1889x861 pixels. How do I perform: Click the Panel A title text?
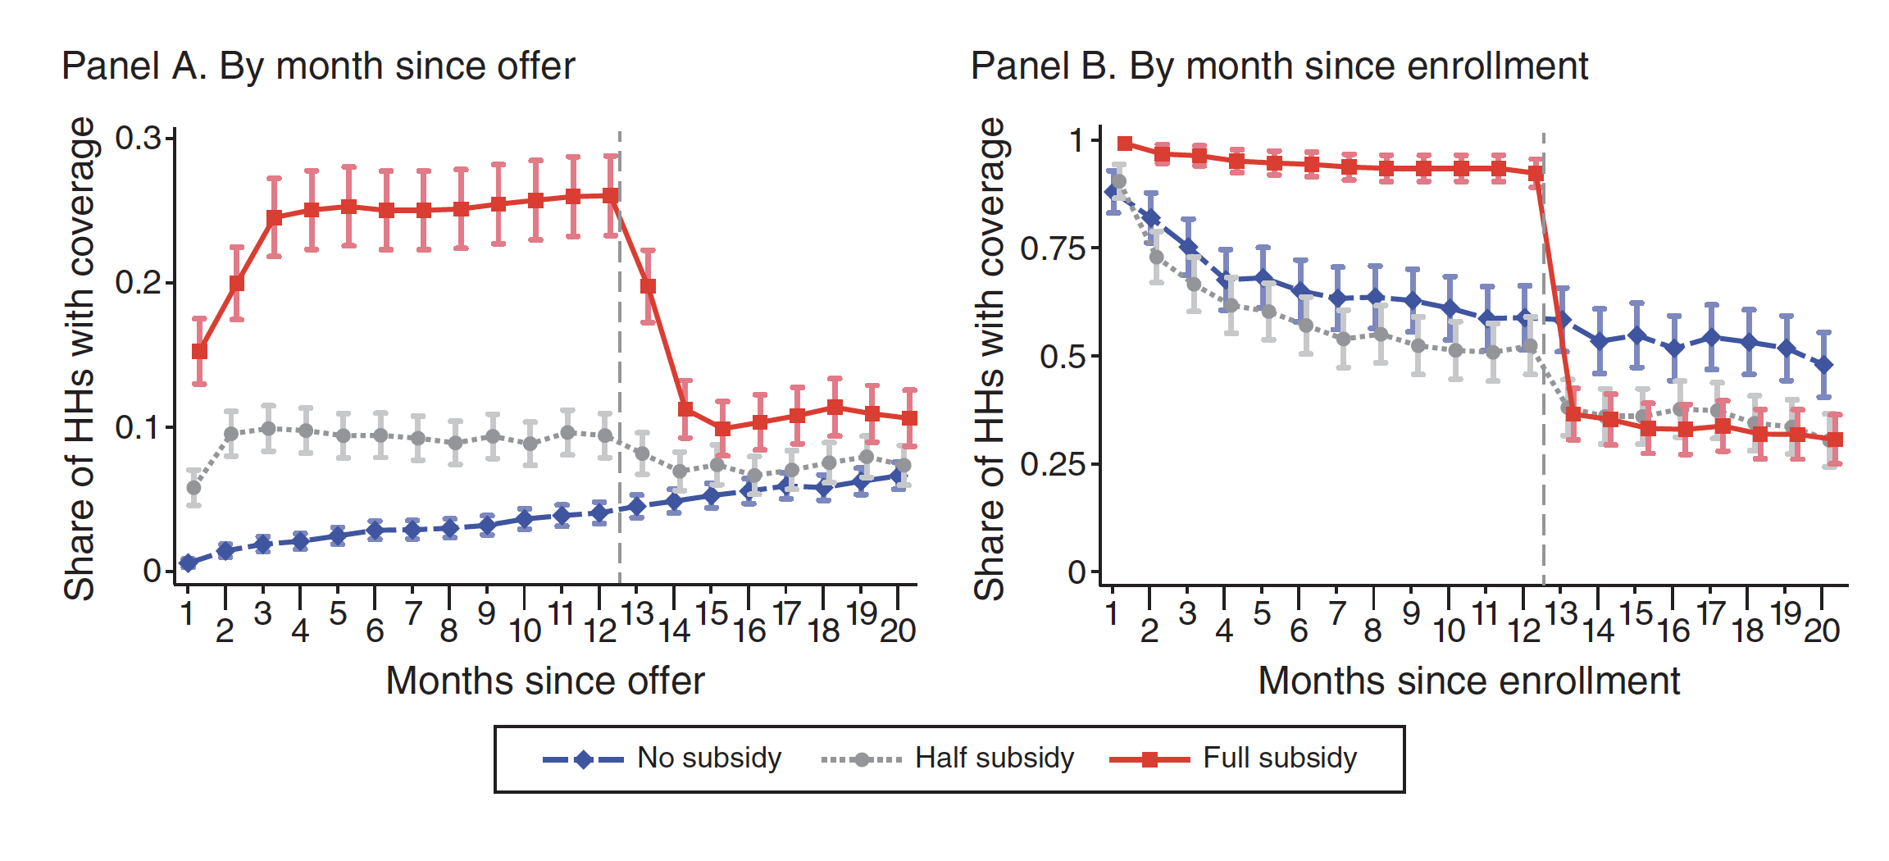click(318, 66)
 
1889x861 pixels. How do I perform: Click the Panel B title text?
click(1279, 66)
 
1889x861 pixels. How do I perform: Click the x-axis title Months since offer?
click(545, 681)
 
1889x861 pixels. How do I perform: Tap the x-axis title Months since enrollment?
click(1469, 681)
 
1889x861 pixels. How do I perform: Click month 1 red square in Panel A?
click(199, 351)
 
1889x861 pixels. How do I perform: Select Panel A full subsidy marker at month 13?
click(648, 286)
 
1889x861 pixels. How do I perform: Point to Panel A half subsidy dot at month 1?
click(193, 488)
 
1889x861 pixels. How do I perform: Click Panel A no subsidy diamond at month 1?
click(188, 563)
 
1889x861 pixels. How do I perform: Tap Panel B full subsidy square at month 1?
click(1125, 144)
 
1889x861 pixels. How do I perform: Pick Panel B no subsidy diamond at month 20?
click(1823, 365)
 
